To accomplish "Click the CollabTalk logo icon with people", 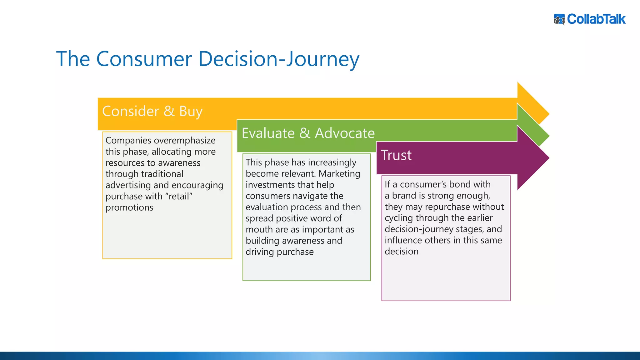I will click(559, 19).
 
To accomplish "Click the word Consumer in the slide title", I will click(144, 59).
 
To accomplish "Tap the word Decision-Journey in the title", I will click(279, 59).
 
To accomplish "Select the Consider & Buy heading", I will click(152, 111).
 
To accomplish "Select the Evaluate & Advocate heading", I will click(308, 133).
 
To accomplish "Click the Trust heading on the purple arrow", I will click(396, 155).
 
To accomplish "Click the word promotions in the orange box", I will click(129, 207).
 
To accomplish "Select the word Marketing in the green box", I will click(339, 173).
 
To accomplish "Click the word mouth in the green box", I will click(259, 229).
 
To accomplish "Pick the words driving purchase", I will click(279, 252).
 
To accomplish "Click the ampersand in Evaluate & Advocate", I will click(305, 133).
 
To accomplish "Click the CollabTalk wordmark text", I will click(596, 19).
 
